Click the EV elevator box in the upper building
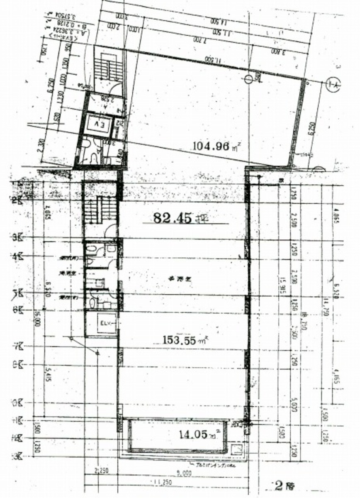tap(98, 124)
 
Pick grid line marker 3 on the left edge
tap(17, 238)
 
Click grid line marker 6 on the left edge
tap(17, 309)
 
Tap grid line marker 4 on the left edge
tap(17, 256)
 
